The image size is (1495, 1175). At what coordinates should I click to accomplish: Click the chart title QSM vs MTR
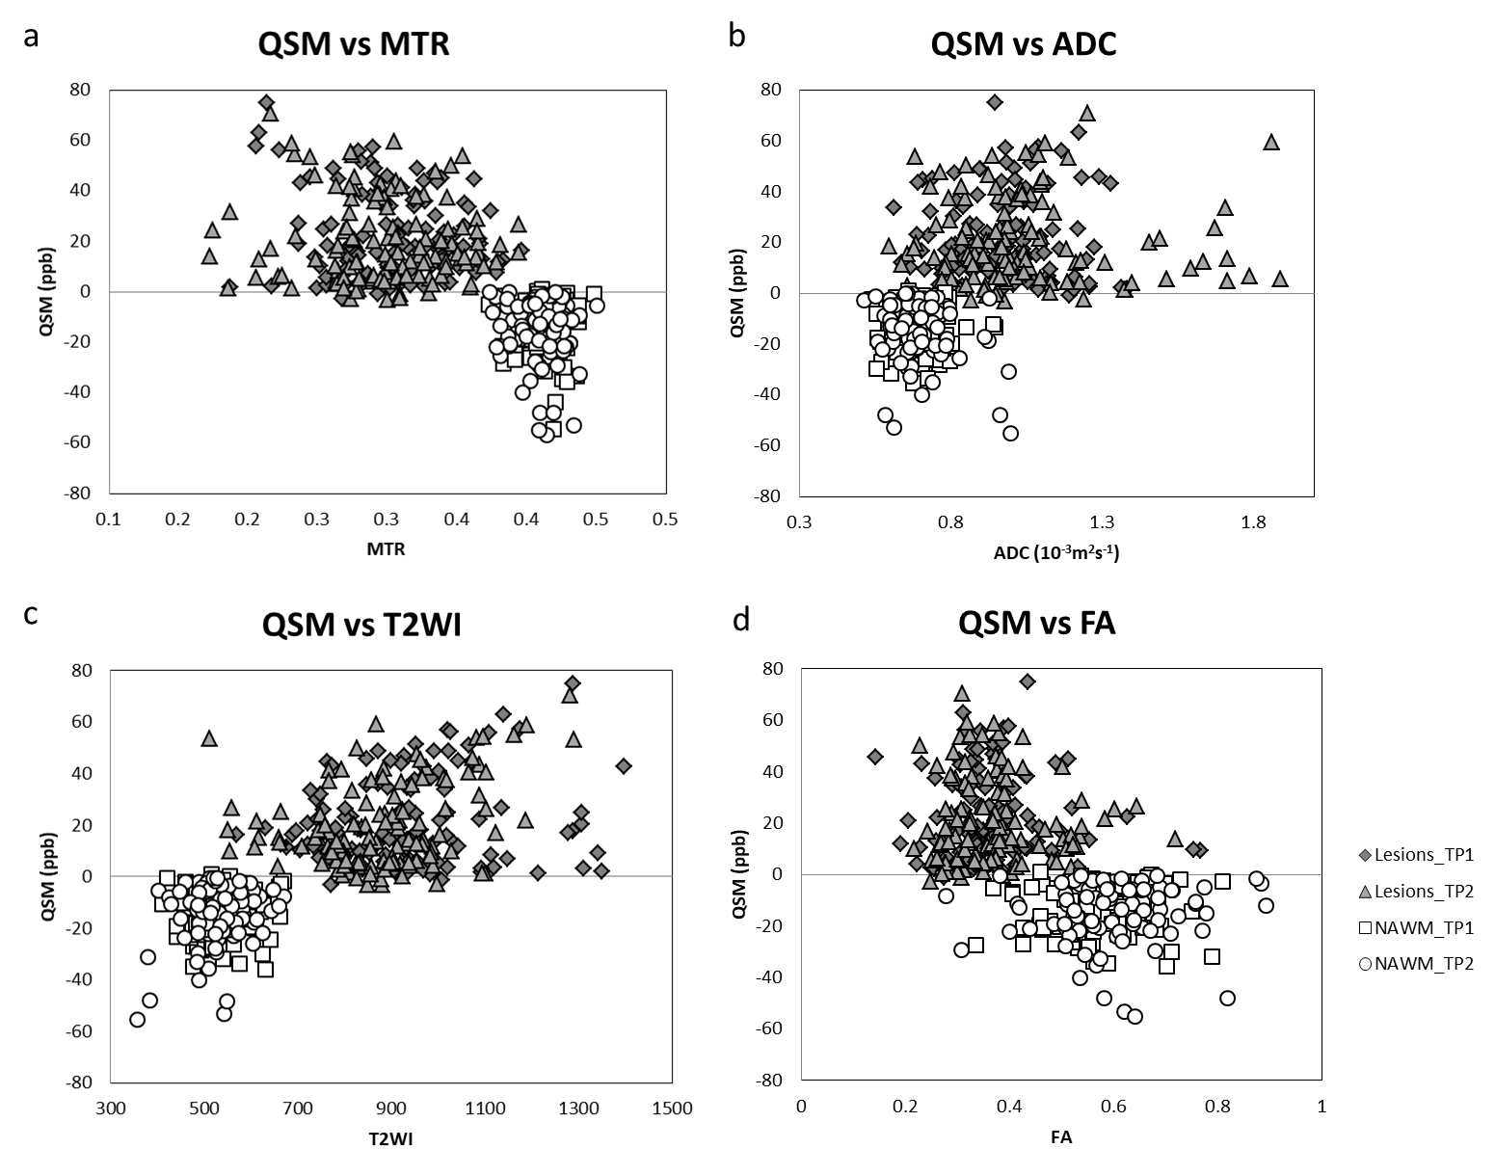click(353, 45)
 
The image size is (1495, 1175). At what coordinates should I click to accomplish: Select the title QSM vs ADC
click(1023, 43)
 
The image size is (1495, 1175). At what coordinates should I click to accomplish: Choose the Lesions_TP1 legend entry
click(1417, 854)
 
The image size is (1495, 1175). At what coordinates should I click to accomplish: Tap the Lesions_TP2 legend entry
click(1417, 891)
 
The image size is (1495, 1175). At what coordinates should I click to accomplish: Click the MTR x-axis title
click(386, 550)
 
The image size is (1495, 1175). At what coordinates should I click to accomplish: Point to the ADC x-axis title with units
click(1055, 552)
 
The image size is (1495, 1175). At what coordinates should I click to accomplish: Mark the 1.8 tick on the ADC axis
click(1253, 522)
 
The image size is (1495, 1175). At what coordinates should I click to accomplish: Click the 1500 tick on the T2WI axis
click(672, 1108)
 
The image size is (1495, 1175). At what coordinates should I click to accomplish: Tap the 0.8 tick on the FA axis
click(1217, 1107)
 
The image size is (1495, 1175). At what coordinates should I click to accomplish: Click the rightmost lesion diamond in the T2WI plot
click(624, 766)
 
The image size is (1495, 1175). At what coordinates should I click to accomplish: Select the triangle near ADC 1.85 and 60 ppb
click(1271, 142)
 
